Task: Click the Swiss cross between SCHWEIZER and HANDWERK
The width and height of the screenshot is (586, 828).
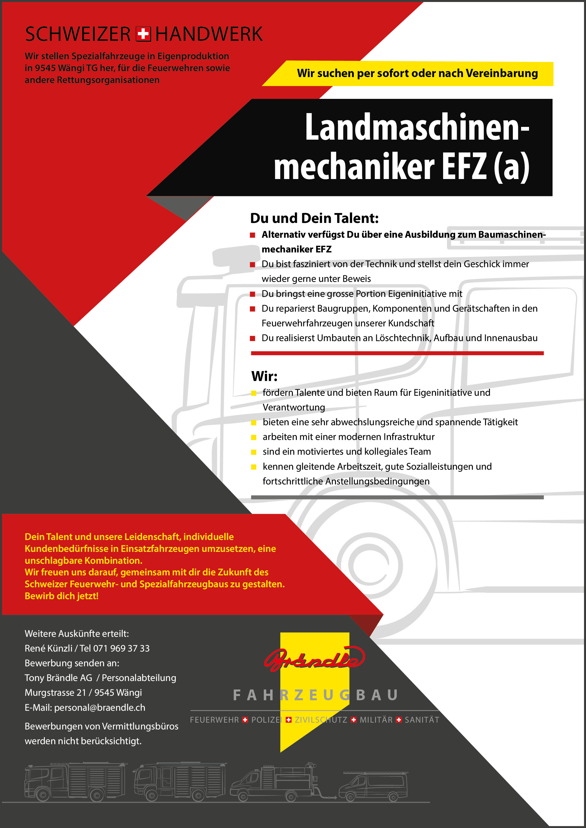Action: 143,34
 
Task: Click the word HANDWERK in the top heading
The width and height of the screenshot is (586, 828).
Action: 209,34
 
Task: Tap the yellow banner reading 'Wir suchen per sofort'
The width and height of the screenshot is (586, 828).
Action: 417,74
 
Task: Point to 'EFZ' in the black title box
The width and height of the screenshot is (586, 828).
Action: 464,166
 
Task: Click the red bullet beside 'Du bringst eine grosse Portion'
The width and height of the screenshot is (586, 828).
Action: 253,294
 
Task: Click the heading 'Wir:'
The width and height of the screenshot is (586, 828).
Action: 264,376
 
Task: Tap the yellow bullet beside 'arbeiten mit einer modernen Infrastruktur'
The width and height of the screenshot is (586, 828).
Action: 254,437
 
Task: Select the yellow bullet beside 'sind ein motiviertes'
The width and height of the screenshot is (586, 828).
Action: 254,452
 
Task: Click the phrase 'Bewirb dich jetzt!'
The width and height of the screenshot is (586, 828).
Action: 61,596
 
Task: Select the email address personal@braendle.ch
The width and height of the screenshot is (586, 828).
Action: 100,708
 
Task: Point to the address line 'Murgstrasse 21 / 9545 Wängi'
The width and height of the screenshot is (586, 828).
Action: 83,693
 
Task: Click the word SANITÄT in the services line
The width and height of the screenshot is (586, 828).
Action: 422,720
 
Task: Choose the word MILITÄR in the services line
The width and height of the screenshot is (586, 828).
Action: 376,720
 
